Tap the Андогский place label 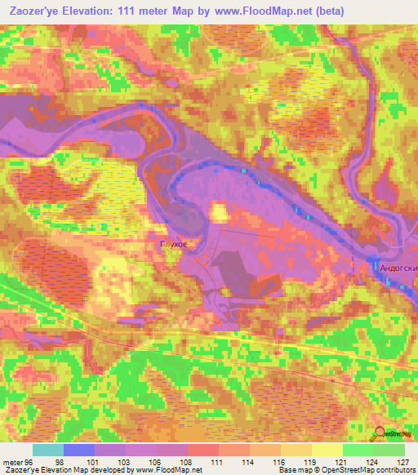(x=397, y=267)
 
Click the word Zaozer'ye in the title (x=37, y=11)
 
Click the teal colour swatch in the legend (x=48, y=450)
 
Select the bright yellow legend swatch (x=327, y=450)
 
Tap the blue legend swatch (x=79, y=450)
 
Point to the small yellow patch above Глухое (x=219, y=213)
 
